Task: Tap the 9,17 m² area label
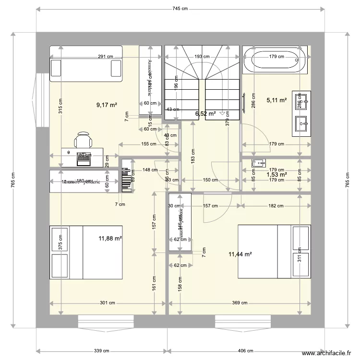[x=107, y=104]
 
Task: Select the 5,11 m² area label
[x=276, y=100]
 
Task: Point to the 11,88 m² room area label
[x=110, y=238]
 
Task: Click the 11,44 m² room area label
[x=241, y=254]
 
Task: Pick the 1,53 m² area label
[x=276, y=175]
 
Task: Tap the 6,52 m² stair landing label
[x=205, y=114]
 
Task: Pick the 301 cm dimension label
[x=107, y=303]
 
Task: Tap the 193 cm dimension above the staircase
[x=202, y=56]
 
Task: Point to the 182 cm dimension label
[x=276, y=206]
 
